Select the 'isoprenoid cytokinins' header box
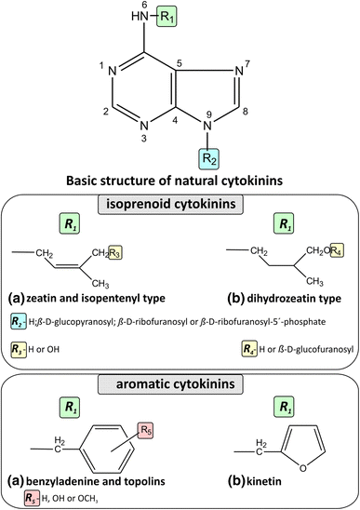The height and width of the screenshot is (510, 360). [x=180, y=206]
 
